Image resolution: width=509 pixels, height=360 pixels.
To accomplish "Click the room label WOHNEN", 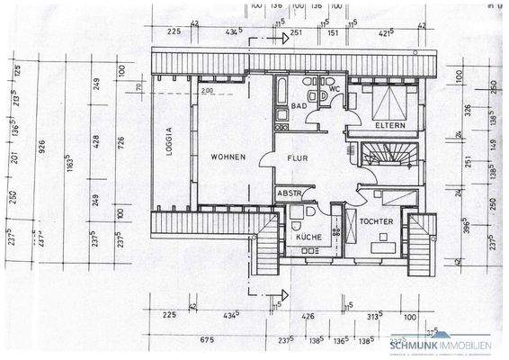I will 228,157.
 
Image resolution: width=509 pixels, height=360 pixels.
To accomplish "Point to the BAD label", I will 298,106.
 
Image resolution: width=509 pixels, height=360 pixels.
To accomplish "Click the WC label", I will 333,89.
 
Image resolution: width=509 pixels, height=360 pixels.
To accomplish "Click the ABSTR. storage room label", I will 290,193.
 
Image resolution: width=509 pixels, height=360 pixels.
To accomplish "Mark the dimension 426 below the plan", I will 308,316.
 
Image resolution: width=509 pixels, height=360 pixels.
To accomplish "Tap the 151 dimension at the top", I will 333,32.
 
